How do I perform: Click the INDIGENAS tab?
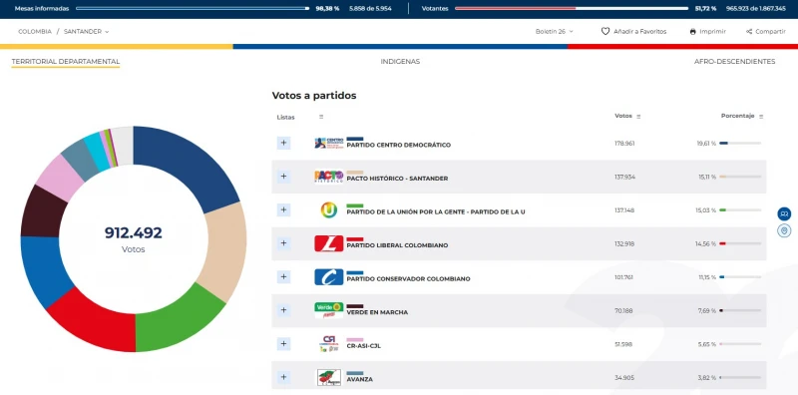pyautogui.click(x=400, y=62)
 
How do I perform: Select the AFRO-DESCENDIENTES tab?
pyautogui.click(x=734, y=62)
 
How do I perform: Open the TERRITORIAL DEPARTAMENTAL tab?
pyautogui.click(x=66, y=62)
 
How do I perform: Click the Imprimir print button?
pyautogui.click(x=707, y=32)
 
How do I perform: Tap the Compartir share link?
pyautogui.click(x=765, y=32)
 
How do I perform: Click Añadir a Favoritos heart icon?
pyautogui.click(x=605, y=32)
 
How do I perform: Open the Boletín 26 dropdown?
pyautogui.click(x=555, y=32)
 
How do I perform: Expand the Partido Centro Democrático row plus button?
pyautogui.click(x=283, y=143)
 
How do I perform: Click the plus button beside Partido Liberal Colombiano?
pyautogui.click(x=283, y=243)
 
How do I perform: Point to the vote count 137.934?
pyautogui.click(x=625, y=178)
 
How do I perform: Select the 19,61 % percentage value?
pyautogui.click(x=706, y=144)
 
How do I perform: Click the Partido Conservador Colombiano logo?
pyautogui.click(x=328, y=276)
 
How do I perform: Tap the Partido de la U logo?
pyautogui.click(x=328, y=209)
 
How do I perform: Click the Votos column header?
pyautogui.click(x=624, y=117)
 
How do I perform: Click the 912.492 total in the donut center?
pyautogui.click(x=133, y=233)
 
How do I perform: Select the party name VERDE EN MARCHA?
pyautogui.click(x=377, y=312)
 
